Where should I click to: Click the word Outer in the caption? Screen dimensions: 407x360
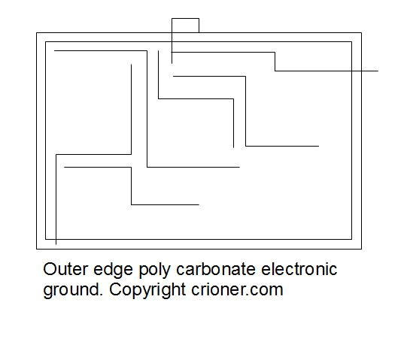tap(65, 269)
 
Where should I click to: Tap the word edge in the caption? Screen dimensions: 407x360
tap(113, 271)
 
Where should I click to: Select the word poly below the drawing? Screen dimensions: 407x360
tap(154, 271)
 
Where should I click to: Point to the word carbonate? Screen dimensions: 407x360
tap(216, 269)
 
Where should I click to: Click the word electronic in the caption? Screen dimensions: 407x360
tap(299, 269)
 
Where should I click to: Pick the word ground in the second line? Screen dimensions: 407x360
tap(71, 291)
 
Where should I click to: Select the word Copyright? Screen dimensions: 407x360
tap(147, 291)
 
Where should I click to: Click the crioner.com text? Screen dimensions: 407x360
tap(237, 289)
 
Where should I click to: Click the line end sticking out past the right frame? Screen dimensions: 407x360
tap(378, 71)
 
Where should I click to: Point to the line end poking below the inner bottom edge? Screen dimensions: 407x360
tap(56, 244)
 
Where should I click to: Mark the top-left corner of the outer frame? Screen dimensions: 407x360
tap(37, 33)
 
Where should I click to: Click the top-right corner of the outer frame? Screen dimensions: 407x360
tap(361, 33)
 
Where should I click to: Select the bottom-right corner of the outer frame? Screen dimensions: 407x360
tap(361, 249)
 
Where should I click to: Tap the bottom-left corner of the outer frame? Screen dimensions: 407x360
tap(37, 249)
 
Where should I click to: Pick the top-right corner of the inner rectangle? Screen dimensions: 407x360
tap(352, 42)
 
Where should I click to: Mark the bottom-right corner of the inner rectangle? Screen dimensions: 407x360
tap(352, 239)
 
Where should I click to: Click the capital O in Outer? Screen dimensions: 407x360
tap(50, 269)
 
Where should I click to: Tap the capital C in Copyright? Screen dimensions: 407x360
tap(116, 289)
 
